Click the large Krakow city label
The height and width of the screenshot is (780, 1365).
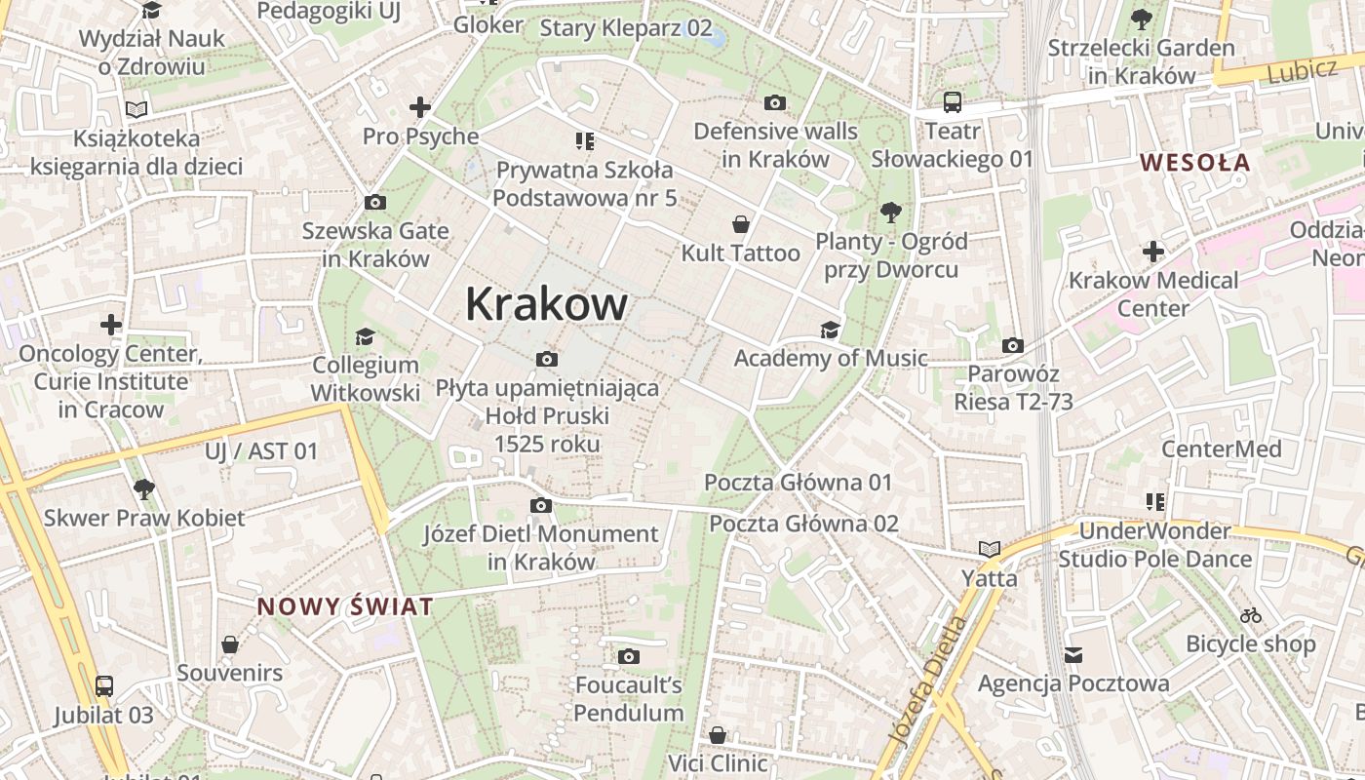546,304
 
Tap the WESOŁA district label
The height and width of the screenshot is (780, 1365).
1195,163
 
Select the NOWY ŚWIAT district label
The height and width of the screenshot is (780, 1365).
345,607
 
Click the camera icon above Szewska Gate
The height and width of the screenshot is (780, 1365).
375,203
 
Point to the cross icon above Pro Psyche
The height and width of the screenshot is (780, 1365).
420,107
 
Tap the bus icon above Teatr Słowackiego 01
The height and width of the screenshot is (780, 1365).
952,102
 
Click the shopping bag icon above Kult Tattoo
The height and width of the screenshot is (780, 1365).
741,225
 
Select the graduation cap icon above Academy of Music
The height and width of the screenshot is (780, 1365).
830,331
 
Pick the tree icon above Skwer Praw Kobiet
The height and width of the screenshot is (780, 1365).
144,488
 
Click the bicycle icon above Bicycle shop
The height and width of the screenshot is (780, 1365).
1251,615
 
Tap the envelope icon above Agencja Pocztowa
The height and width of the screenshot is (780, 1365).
1073,655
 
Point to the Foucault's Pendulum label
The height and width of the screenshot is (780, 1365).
629,699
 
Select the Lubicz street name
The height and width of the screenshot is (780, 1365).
1305,70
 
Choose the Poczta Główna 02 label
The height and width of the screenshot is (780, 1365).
803,524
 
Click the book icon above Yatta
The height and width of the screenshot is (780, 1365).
990,550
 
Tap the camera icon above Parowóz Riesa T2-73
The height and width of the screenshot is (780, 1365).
1013,345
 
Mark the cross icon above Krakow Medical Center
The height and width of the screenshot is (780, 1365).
1153,252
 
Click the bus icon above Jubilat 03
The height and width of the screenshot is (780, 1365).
104,686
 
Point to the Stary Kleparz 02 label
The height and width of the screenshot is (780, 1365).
626,27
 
